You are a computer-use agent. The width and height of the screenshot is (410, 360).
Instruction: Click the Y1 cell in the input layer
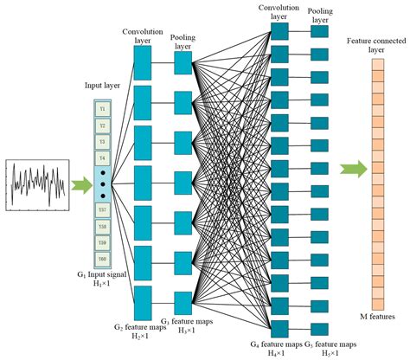click(x=102, y=109)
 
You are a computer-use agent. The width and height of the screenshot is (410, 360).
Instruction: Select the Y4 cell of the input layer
click(x=102, y=157)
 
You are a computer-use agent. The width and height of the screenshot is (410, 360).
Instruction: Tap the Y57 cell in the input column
click(x=102, y=211)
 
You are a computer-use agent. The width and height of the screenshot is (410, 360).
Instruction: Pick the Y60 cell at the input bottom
click(x=102, y=258)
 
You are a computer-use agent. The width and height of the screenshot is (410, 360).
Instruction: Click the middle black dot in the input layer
click(x=102, y=184)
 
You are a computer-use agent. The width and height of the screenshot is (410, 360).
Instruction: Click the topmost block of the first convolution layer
click(x=143, y=63)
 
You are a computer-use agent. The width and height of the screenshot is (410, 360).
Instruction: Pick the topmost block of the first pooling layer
click(x=183, y=63)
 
